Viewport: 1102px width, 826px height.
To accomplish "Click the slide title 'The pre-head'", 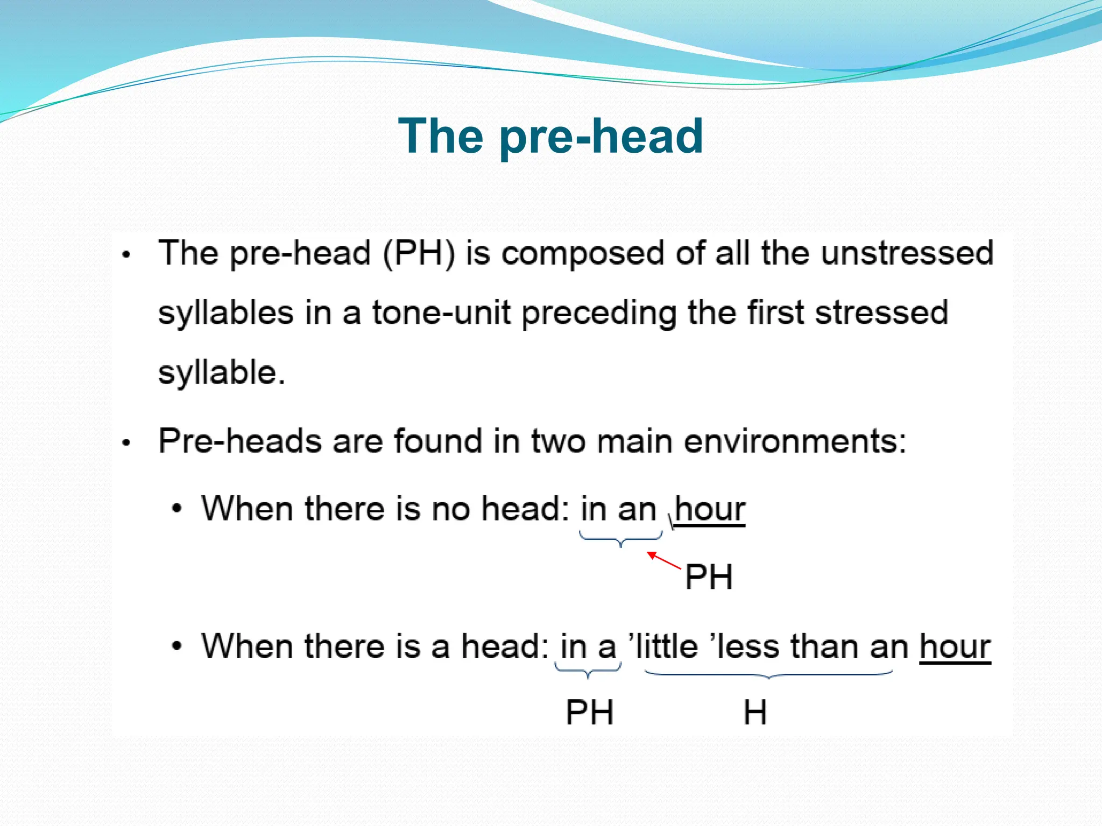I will click(x=550, y=136).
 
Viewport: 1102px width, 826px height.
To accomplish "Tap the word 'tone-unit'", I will click(x=441, y=313).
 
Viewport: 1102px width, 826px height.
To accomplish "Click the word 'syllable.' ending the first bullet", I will click(x=221, y=372).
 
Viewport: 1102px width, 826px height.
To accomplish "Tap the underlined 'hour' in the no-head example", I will click(x=710, y=509).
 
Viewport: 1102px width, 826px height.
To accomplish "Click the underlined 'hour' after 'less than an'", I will click(x=955, y=646).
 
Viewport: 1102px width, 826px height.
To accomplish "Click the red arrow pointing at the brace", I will click(x=663, y=560).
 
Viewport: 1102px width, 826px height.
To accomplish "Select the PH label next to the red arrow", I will click(x=709, y=578).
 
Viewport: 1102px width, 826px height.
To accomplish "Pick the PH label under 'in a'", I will click(x=590, y=713).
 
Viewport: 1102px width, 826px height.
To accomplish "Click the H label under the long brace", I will click(x=755, y=713).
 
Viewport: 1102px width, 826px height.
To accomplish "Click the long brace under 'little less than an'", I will click(x=768, y=674).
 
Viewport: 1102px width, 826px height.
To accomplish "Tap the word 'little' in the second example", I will click(x=667, y=646).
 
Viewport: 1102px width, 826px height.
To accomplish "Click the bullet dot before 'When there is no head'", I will click(x=177, y=509).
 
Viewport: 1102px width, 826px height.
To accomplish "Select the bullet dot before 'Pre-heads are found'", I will click(x=126, y=443).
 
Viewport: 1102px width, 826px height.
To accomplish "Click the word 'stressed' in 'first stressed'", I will click(x=881, y=313).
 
